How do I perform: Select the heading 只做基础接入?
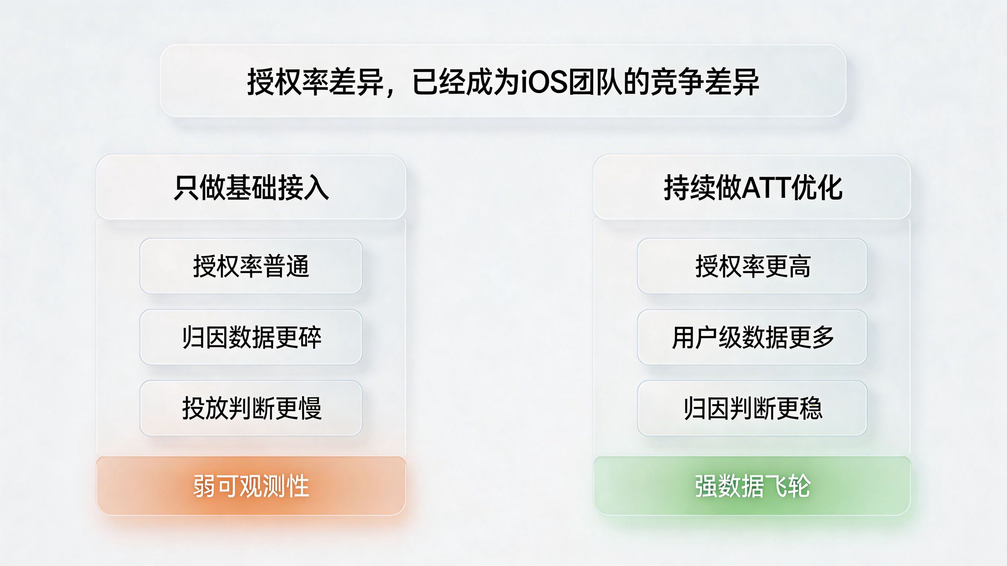[x=251, y=188]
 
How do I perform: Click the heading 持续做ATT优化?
[x=752, y=188]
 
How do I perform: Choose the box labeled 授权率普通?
[x=251, y=266]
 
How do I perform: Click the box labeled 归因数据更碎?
[x=251, y=337]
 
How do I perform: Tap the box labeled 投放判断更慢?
[x=251, y=409]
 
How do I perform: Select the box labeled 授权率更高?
[x=752, y=266]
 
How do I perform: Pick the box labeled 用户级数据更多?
[x=752, y=337]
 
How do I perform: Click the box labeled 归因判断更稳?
[x=752, y=409]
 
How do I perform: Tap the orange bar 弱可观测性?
[x=251, y=486]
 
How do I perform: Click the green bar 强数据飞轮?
[x=752, y=486]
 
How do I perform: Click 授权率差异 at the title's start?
[x=315, y=82]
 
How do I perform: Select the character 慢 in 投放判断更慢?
[x=310, y=409]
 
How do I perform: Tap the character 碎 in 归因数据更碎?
[x=310, y=337]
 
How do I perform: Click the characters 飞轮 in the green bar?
[x=788, y=486]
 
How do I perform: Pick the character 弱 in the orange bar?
[x=204, y=486]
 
